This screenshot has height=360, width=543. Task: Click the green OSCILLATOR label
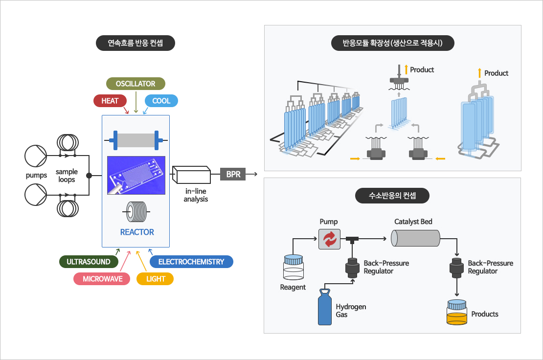click(x=136, y=84)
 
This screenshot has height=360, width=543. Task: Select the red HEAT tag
click(x=110, y=101)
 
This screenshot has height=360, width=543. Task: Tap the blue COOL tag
click(x=161, y=101)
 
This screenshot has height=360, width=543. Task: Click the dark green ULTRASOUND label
click(x=89, y=262)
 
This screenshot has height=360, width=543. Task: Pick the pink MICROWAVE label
click(x=102, y=279)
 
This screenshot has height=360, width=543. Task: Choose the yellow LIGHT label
click(x=156, y=279)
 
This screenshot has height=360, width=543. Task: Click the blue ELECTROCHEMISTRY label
click(x=191, y=262)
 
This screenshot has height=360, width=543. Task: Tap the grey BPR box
click(x=233, y=174)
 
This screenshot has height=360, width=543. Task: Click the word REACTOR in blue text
click(x=137, y=232)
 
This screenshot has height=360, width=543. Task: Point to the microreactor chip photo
click(x=136, y=175)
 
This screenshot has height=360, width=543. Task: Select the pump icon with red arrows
click(x=329, y=239)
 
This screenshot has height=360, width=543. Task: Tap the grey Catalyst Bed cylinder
click(x=416, y=239)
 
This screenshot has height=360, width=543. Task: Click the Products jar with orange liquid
click(x=457, y=315)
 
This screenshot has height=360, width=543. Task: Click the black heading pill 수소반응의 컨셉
click(x=392, y=196)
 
